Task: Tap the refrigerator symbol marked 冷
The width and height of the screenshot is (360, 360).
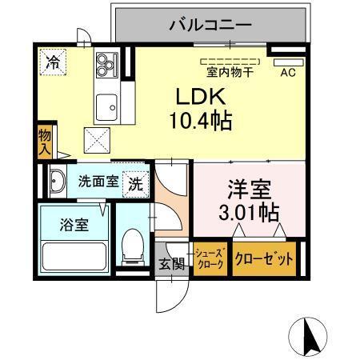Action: (52, 62)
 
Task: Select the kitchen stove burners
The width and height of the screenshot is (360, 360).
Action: (106, 64)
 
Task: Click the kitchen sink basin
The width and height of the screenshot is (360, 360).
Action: (105, 105)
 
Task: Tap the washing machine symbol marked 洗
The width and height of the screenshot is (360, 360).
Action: (136, 182)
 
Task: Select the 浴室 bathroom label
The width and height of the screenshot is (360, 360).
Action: (73, 222)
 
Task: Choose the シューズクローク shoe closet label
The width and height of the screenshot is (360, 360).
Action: (211, 259)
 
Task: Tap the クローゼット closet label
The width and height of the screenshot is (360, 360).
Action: (263, 259)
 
